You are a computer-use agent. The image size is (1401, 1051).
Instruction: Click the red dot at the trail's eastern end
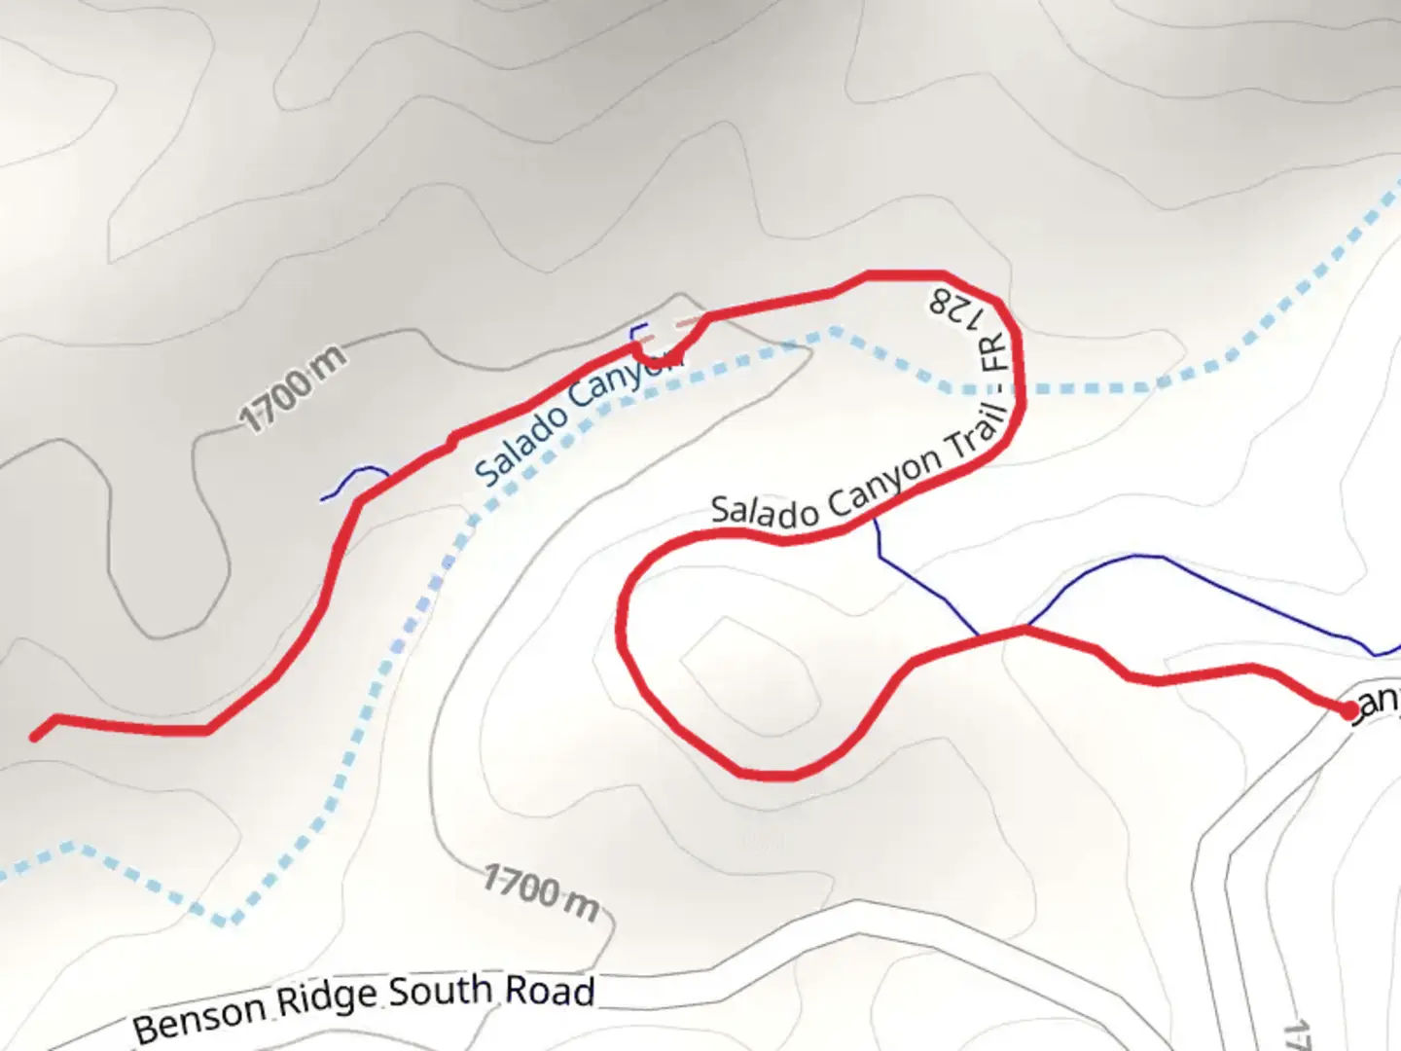(1348, 711)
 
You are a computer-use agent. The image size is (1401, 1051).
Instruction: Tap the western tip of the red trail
(35, 737)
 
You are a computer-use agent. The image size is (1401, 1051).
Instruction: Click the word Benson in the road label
(199, 1014)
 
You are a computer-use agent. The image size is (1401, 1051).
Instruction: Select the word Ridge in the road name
(326, 998)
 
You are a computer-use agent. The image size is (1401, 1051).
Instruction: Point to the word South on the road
(441, 992)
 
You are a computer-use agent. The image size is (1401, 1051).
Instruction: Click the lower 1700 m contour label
(541, 892)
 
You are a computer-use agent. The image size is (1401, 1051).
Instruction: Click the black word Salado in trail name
(765, 511)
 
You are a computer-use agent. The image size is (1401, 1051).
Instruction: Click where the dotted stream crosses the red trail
(1018, 388)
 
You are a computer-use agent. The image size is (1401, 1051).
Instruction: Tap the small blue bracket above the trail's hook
(638, 331)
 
